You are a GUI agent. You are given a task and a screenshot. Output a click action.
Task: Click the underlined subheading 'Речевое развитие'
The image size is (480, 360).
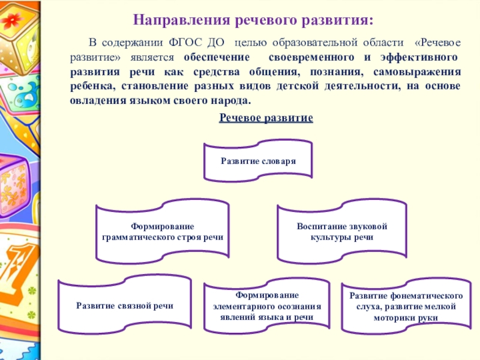click(x=266, y=118)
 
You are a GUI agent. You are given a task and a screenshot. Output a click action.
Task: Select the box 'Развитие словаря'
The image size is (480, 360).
click(x=258, y=161)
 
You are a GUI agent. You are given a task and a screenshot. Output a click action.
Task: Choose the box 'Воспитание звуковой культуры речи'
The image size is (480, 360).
click(x=343, y=233)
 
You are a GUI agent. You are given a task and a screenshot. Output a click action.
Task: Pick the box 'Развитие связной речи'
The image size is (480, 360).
click(x=125, y=305)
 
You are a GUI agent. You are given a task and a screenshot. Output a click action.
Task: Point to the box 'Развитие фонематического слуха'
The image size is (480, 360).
click(x=406, y=307)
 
